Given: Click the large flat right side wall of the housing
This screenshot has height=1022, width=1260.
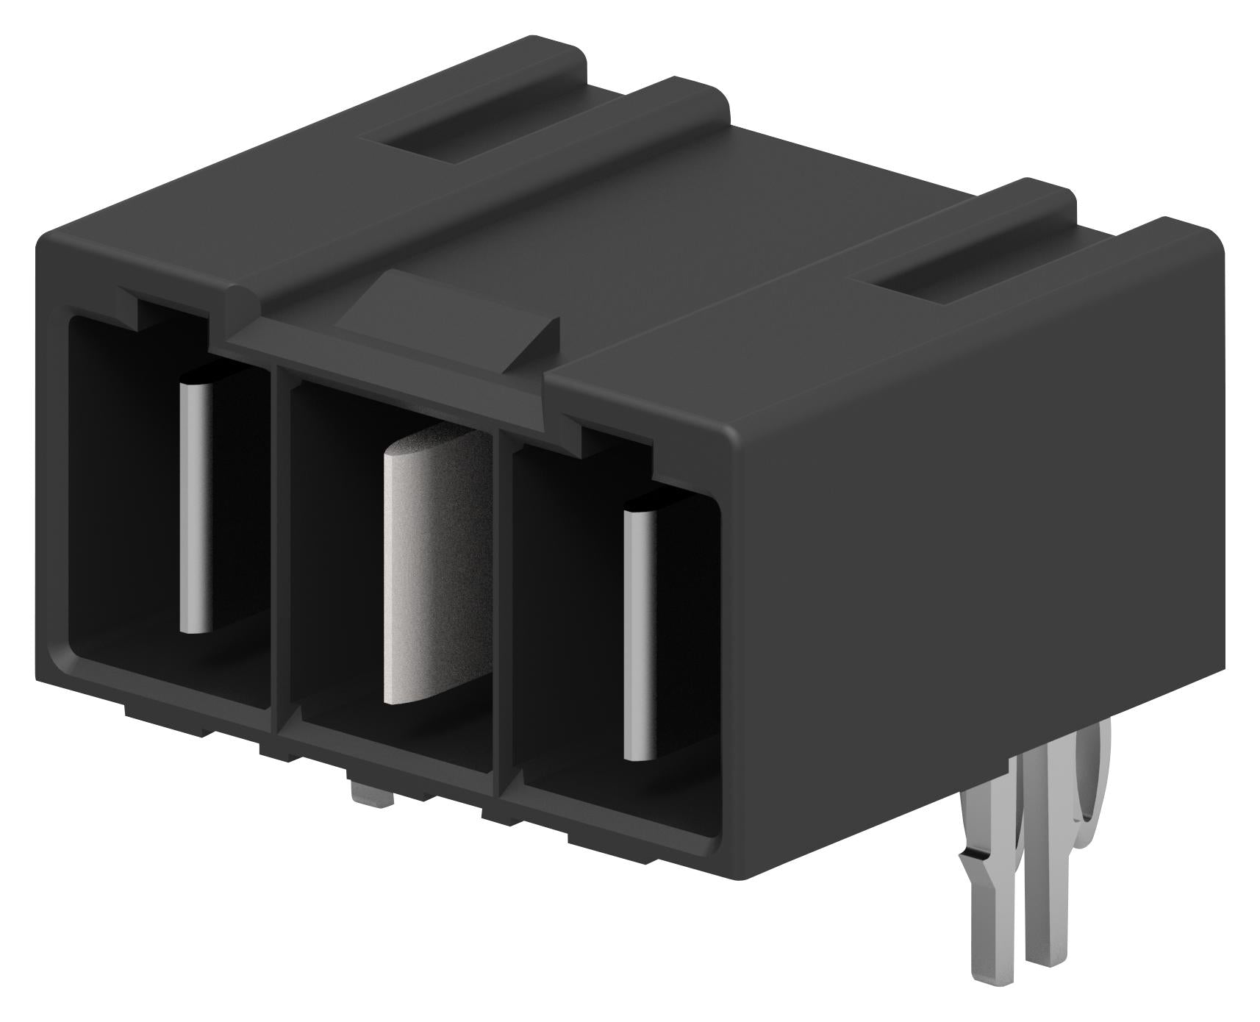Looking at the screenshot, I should (978, 551).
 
